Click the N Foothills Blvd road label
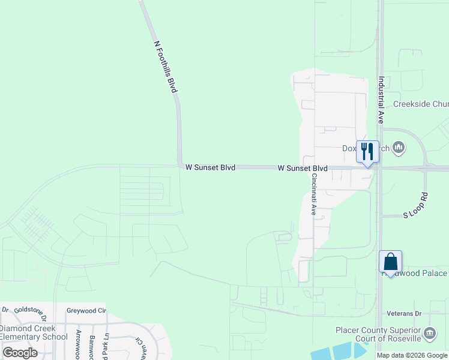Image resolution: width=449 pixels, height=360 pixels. (x=166, y=67)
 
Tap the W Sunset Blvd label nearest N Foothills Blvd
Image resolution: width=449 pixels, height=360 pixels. (x=210, y=167)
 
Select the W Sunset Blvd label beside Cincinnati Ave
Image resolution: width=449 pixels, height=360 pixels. (x=303, y=169)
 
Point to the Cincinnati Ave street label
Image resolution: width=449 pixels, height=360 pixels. (x=313, y=194)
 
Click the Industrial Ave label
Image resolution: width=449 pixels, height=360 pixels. (x=381, y=100)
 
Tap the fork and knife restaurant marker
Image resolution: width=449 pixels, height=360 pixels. (x=367, y=152)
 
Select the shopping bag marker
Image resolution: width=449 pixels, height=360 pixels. (x=390, y=262)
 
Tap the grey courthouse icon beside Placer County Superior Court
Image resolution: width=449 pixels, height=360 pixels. (x=430, y=333)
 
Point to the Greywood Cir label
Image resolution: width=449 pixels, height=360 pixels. (x=86, y=311)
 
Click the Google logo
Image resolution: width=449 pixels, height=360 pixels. (x=20, y=353)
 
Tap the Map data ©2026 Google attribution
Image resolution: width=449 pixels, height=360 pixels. (x=411, y=355)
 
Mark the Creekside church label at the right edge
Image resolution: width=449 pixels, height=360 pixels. (x=420, y=104)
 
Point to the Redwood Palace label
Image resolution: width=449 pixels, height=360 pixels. (x=417, y=273)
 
